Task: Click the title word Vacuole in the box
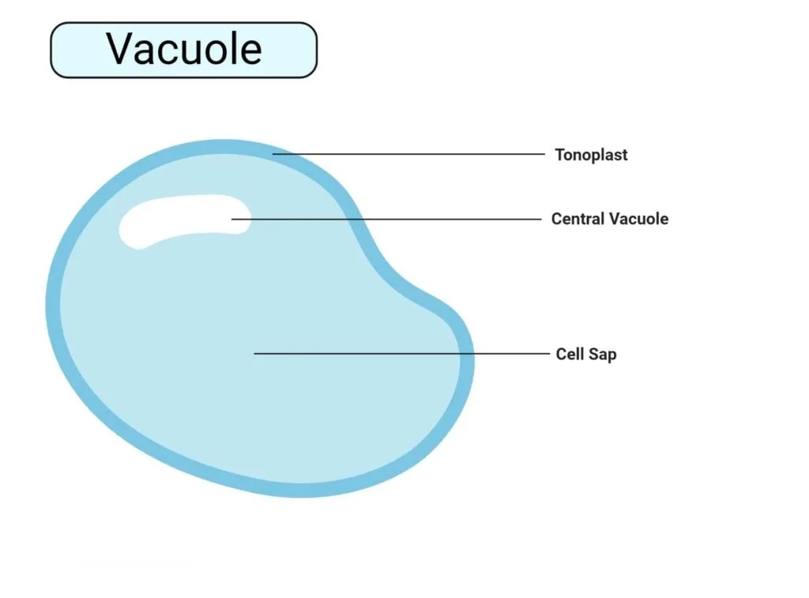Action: click(184, 49)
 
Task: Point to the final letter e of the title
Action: click(250, 53)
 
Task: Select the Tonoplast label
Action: click(591, 155)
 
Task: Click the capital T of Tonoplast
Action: click(560, 154)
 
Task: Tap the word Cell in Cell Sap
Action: click(570, 354)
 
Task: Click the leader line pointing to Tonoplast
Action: click(408, 154)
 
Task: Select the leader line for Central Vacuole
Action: click(386, 220)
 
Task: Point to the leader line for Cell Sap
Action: click(402, 353)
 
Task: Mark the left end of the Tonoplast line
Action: click(273, 154)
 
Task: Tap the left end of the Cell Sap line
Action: click(254, 353)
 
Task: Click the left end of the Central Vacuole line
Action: click(231, 220)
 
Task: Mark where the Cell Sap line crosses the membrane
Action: click(466, 353)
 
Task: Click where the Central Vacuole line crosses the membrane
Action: click(356, 220)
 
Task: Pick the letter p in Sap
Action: click(612, 356)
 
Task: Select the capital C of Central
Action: click(557, 219)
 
